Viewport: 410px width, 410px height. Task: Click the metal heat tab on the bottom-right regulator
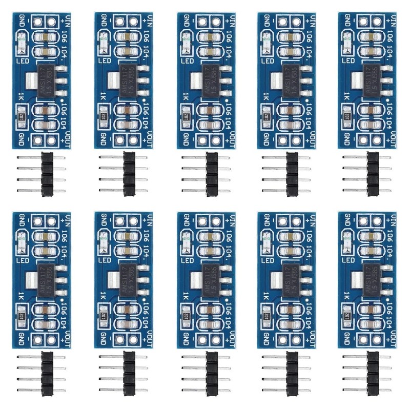(354, 280)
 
